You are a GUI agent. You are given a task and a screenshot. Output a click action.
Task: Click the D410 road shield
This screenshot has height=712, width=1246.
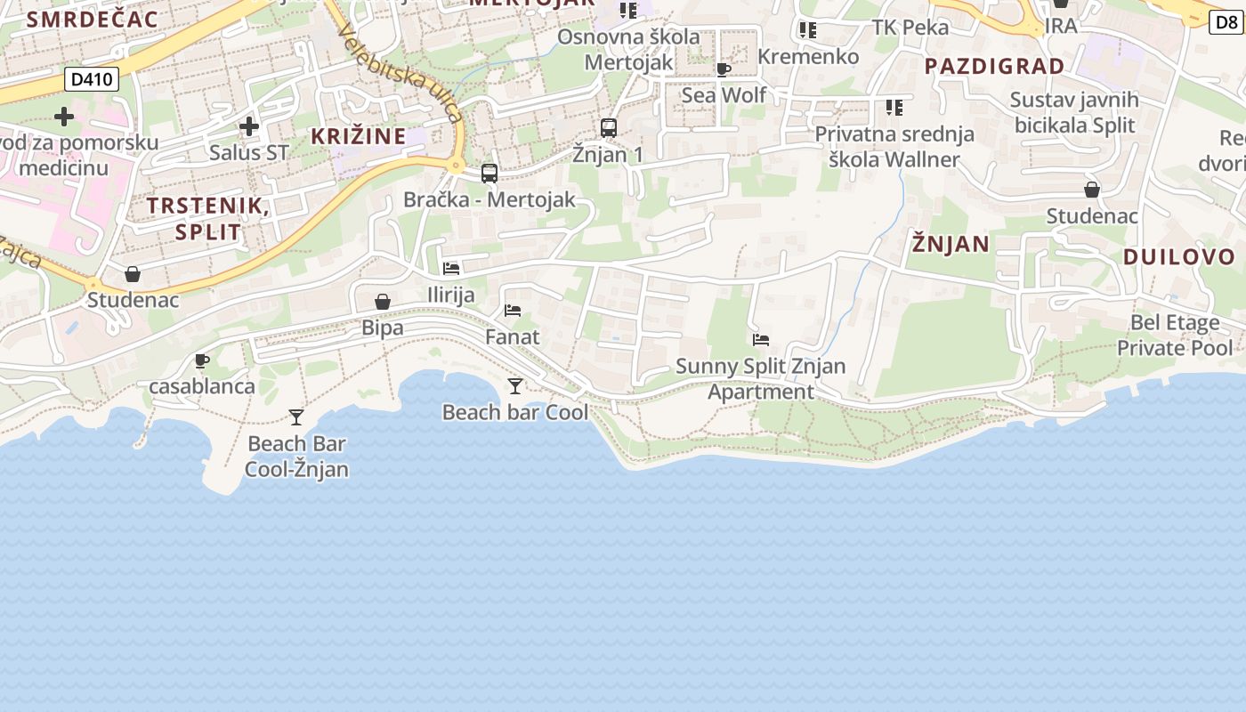pos(92,80)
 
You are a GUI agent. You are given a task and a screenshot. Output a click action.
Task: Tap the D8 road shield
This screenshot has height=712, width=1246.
pos(1226,22)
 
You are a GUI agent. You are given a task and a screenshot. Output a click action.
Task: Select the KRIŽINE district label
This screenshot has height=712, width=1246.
pos(358,136)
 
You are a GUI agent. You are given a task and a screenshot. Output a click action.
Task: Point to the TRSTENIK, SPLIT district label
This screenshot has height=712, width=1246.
pos(208,219)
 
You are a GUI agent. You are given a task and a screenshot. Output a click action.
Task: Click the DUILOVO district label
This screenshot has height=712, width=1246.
pos(1179,257)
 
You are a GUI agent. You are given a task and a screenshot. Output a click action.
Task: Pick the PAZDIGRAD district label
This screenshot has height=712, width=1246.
pos(994,66)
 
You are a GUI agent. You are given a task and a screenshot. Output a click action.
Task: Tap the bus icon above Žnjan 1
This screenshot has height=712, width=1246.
pos(609,128)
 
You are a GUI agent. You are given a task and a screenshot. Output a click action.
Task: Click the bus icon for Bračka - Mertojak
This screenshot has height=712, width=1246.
pos(489,174)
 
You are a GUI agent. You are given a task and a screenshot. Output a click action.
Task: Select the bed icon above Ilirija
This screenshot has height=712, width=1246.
pos(451,269)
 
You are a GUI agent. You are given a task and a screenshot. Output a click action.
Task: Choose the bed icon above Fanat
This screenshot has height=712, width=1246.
pos(513,311)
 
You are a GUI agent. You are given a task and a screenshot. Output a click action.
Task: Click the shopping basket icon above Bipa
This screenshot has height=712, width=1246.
pos(383,302)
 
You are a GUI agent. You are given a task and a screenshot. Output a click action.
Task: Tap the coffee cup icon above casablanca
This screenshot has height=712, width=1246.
pos(201,360)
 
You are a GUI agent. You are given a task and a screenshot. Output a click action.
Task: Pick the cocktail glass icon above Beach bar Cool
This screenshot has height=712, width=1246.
pos(514,386)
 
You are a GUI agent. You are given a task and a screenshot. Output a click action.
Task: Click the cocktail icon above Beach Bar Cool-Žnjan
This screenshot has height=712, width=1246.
pos(296,417)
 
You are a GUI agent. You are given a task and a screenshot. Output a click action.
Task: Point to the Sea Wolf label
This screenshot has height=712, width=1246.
pos(724,94)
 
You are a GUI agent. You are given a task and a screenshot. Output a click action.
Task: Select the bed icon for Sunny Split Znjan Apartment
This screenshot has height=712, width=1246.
pos(760,340)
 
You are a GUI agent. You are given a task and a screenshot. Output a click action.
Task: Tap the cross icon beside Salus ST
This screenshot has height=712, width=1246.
pos(249,126)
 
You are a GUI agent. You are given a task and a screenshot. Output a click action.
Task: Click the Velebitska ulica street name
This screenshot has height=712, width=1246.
pos(400,74)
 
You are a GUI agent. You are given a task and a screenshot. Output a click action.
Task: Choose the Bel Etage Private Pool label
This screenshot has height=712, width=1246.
pos(1176,335)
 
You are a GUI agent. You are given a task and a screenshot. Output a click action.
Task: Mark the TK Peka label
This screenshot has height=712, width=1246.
pos(910,28)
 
